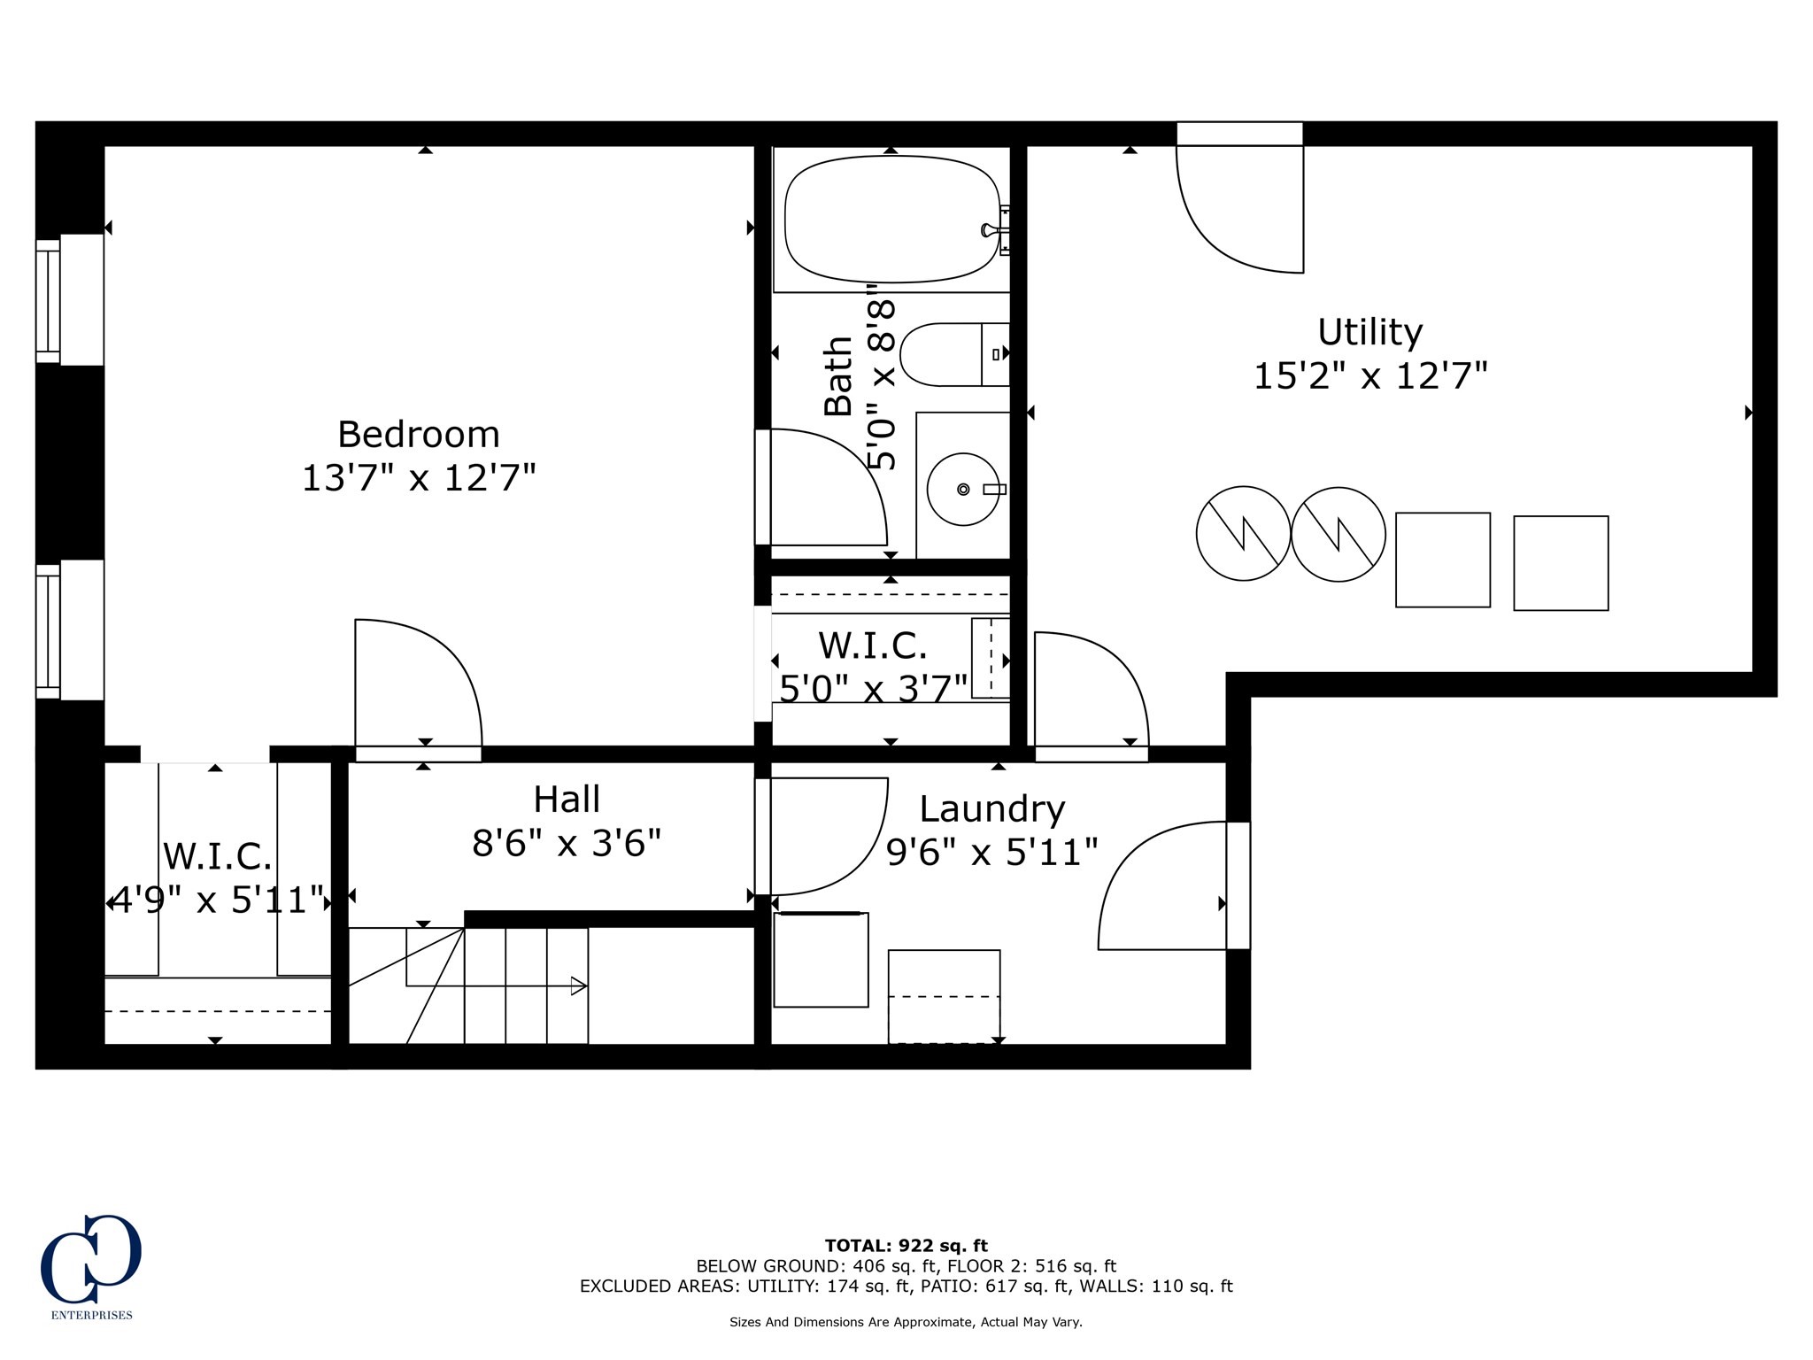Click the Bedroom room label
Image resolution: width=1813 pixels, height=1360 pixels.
point(419,435)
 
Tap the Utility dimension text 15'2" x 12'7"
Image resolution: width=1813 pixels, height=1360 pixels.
point(1370,375)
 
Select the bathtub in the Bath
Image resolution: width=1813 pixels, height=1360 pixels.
point(891,220)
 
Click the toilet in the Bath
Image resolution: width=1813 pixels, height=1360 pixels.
point(954,354)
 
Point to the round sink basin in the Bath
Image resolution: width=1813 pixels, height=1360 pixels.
point(963,489)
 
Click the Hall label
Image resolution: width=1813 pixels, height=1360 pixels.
point(567,800)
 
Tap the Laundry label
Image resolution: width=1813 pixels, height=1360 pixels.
point(991,809)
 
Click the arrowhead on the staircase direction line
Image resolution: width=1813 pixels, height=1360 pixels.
point(579,985)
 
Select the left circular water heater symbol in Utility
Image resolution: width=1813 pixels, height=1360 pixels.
point(1243,533)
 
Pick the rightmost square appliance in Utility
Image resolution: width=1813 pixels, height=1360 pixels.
point(1561,563)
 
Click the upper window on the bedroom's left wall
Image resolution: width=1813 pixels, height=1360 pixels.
point(70,300)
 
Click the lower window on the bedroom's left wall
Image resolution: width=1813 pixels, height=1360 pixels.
point(70,630)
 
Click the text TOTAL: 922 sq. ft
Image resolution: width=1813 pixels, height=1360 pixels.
point(906,1246)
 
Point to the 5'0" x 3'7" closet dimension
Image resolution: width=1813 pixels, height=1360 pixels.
point(874,687)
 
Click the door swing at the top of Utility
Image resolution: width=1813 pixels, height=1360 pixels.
point(1239,209)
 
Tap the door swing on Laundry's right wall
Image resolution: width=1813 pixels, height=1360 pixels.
point(1162,885)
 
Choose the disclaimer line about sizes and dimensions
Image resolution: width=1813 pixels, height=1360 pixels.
point(906,1322)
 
